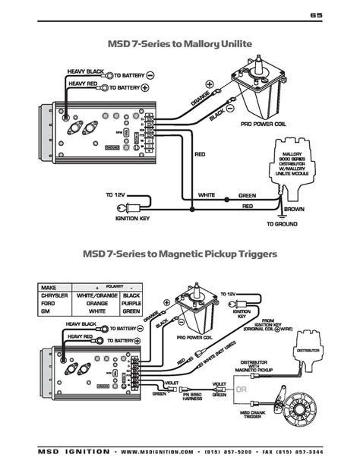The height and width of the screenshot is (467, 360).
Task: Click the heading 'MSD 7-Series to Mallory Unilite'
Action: click(180, 44)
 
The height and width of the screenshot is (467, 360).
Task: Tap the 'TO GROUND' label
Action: click(282, 225)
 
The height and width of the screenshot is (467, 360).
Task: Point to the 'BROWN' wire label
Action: click(294, 208)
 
